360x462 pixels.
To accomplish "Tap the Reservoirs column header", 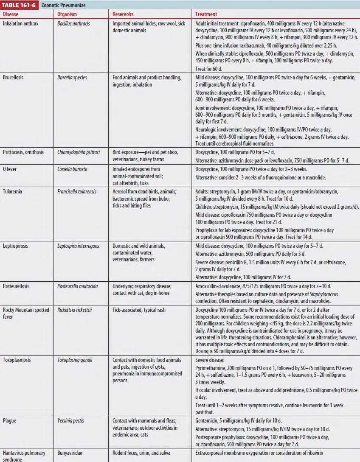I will tap(123, 14).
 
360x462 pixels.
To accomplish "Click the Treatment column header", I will tap(206, 14).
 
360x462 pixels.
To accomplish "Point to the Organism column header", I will tap(67, 14).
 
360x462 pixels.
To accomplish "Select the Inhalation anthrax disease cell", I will tap(20, 24).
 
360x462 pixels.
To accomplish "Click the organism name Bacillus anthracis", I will tap(73, 24).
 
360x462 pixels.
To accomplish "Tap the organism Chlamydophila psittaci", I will tap(79, 152).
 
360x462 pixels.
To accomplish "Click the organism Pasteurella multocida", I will tap(77, 286).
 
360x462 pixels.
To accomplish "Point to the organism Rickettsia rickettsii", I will tap(75, 310).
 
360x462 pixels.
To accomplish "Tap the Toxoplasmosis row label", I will tap(17, 360).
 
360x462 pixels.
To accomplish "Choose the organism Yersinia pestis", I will tap(70, 420).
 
